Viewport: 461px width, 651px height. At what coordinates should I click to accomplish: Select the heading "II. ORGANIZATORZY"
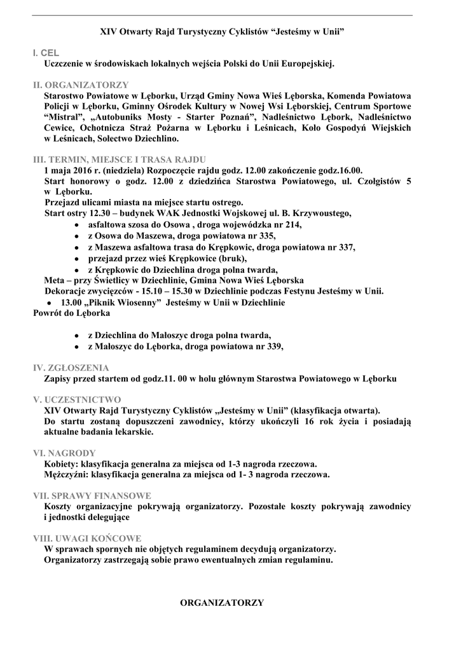click(81, 85)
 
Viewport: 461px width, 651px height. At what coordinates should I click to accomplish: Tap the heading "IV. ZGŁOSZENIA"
click(71, 368)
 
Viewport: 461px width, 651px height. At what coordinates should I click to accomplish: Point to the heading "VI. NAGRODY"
click(65, 453)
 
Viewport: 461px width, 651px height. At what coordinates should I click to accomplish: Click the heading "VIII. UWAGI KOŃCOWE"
click(87, 538)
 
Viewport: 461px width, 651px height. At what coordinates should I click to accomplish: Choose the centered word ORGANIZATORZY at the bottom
click(223, 602)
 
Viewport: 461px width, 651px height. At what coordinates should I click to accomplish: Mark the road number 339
click(270, 346)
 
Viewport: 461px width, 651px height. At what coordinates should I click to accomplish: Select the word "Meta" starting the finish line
click(55, 280)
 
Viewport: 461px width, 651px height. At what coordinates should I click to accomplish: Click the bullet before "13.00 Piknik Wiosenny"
click(40, 303)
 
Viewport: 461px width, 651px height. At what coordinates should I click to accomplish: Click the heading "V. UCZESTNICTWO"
click(77, 400)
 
